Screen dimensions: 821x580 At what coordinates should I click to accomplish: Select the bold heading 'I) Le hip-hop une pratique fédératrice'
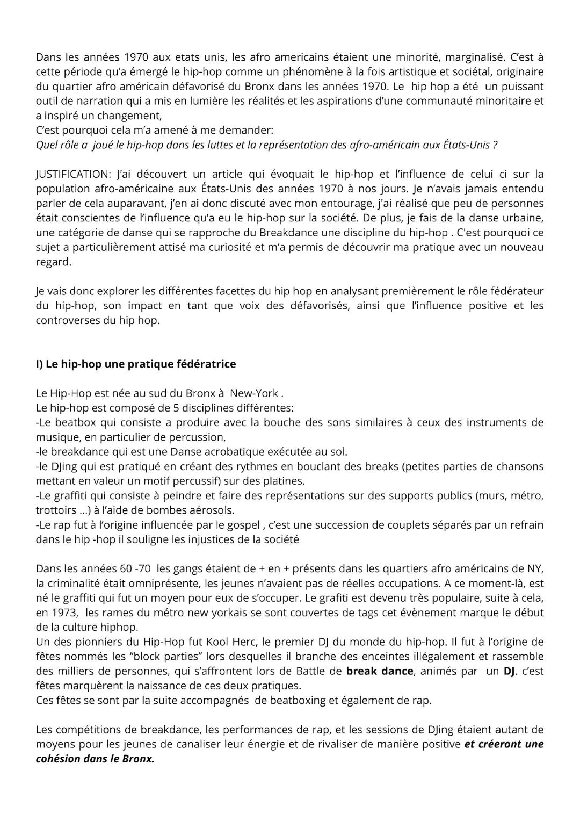[x=136, y=364]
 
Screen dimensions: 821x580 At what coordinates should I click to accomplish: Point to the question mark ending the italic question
[x=495, y=145]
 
